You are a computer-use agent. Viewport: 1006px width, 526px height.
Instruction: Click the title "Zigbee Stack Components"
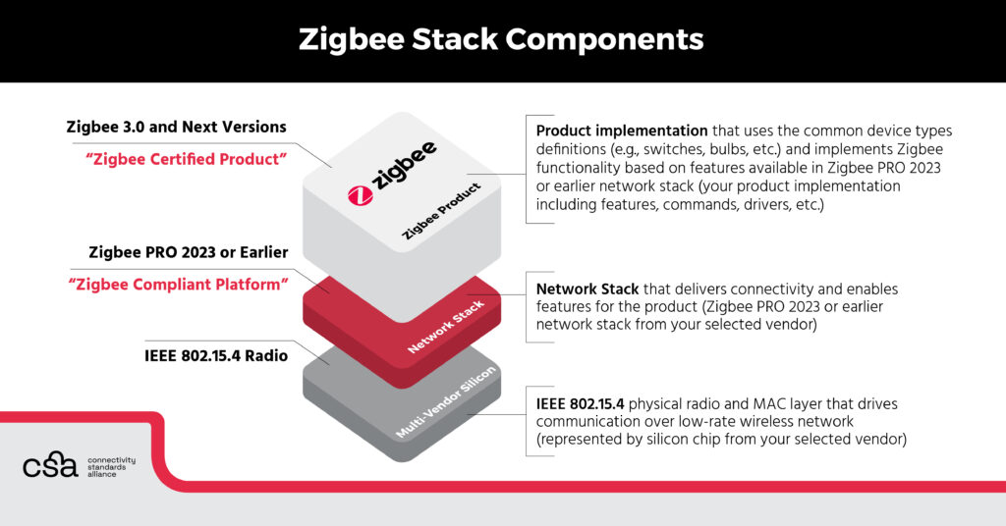(x=502, y=39)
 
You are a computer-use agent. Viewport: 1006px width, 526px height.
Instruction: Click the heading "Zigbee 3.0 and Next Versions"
(x=176, y=127)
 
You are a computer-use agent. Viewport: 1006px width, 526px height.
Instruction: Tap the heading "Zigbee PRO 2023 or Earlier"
(x=188, y=252)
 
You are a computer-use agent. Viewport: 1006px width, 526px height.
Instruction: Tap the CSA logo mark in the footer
(x=50, y=465)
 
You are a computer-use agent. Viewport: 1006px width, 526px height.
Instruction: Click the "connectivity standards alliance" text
(x=111, y=467)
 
